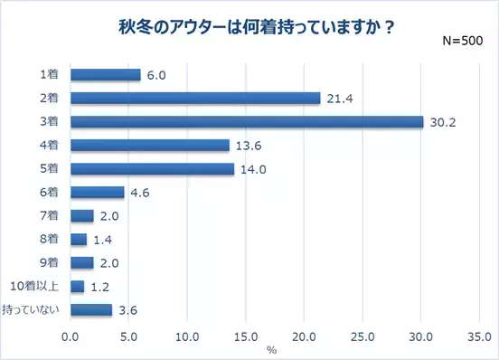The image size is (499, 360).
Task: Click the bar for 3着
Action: (247, 121)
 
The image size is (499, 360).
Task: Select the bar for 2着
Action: (195, 98)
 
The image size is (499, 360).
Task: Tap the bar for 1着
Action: (105, 74)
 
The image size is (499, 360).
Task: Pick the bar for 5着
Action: (152, 168)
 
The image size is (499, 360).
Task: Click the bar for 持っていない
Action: (91, 309)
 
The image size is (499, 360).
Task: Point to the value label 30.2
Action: (441, 121)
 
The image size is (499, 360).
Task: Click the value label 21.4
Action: (338, 98)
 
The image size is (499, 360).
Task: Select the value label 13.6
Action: (247, 145)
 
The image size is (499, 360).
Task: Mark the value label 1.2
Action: (101, 286)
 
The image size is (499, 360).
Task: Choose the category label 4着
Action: (51, 145)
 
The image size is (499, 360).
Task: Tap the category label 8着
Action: (51, 239)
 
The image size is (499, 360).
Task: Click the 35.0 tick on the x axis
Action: (479, 334)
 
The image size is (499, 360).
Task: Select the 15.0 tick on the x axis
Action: (246, 334)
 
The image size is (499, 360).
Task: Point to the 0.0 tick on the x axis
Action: (71, 334)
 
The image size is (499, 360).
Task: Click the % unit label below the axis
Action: (272, 348)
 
